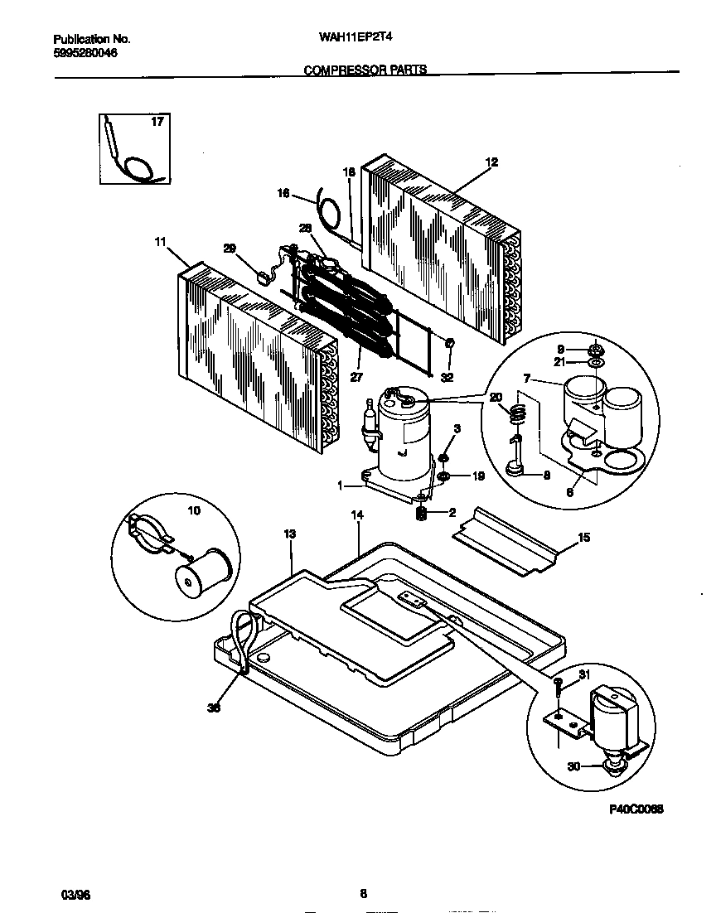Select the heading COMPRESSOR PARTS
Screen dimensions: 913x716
point(365,70)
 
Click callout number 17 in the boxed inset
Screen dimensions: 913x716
point(157,123)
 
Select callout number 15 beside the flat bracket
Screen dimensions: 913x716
point(583,538)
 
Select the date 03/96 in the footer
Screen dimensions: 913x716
point(75,894)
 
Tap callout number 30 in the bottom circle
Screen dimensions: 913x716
point(573,766)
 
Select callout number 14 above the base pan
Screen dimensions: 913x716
point(357,515)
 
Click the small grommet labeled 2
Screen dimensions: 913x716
point(421,514)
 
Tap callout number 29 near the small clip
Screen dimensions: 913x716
point(230,248)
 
